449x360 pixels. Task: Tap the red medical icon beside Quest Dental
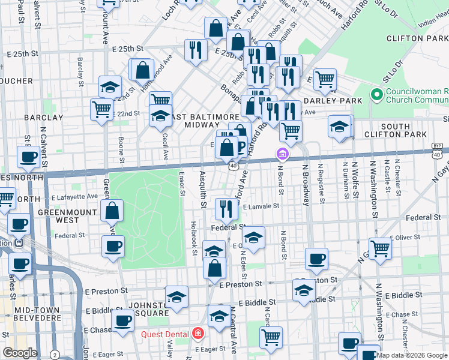[x=197, y=334]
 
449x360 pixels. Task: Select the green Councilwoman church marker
[x=377, y=95]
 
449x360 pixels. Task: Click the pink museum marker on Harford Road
[x=282, y=155]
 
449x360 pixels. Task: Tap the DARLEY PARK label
[x=339, y=100]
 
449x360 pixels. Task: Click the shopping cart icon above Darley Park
[x=325, y=79]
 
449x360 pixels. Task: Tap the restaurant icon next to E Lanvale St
[x=226, y=209]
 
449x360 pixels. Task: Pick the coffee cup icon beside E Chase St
[x=123, y=322]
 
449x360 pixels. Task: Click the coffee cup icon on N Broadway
[x=316, y=259]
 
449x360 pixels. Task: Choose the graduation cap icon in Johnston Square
[x=176, y=297]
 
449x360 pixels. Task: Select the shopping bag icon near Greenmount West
[x=112, y=211]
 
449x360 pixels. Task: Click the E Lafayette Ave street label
[x=74, y=196]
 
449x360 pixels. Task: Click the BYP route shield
[x=438, y=146]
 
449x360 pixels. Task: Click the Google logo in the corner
[x=20, y=353]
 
